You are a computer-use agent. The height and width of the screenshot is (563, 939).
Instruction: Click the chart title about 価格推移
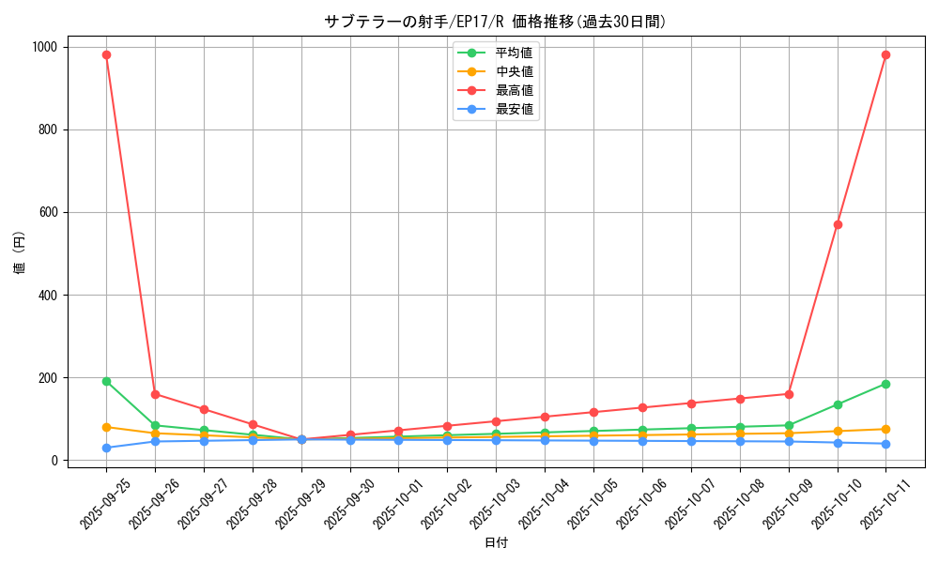pyautogui.click(x=495, y=22)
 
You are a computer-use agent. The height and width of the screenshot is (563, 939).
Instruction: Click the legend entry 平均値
pyautogui.click(x=514, y=53)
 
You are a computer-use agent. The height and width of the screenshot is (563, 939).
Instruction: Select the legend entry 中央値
pyautogui.click(x=514, y=71)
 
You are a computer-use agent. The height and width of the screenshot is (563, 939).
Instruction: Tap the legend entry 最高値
pyautogui.click(x=514, y=90)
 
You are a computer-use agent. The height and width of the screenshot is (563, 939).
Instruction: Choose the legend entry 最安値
pyautogui.click(x=514, y=109)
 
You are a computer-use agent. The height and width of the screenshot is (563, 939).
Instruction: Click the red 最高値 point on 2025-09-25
pyautogui.click(x=106, y=54)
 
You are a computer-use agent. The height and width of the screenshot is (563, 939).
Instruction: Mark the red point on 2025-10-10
pyautogui.click(x=838, y=224)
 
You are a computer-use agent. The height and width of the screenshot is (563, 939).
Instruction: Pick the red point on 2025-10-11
pyautogui.click(x=885, y=54)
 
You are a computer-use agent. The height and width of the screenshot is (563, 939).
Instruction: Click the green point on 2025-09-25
pyautogui.click(x=106, y=381)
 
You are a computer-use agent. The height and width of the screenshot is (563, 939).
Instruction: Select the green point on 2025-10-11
pyautogui.click(x=885, y=384)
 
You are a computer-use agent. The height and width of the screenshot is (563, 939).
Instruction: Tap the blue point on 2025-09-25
pyautogui.click(x=106, y=448)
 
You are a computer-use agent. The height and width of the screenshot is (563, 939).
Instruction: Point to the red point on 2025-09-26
pyautogui.click(x=155, y=394)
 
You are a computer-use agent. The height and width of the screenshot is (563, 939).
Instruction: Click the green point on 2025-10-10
pyautogui.click(x=838, y=404)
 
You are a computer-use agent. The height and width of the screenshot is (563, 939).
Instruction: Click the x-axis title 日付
pyautogui.click(x=496, y=543)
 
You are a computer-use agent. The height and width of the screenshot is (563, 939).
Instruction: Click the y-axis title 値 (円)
pyautogui.click(x=20, y=253)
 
